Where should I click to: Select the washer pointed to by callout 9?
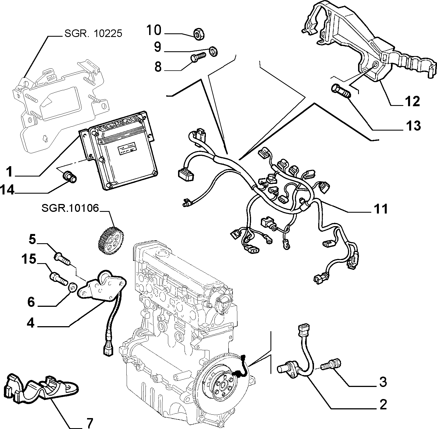[213, 52]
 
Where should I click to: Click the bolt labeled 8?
[198, 58]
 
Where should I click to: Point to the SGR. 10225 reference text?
[93, 34]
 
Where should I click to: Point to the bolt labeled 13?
[341, 92]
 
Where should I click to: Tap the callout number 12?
[412, 101]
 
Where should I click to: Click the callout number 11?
[380, 209]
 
